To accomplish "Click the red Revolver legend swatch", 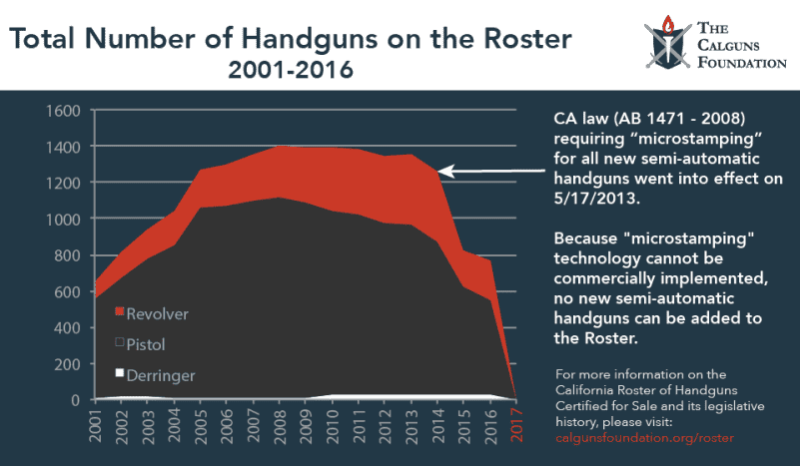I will click(120, 313).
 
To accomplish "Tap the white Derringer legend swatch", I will click(120, 374).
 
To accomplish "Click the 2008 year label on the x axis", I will click(282, 427).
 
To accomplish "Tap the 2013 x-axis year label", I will click(412, 427).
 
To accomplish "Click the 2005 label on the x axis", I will click(203, 427).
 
